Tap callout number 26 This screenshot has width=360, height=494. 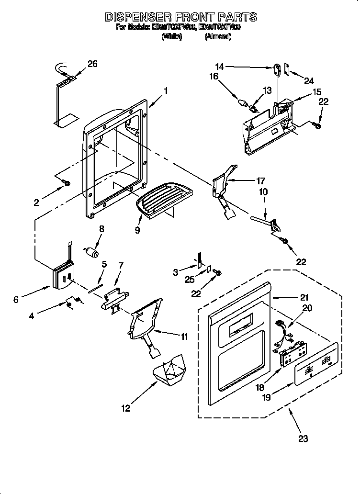tap(92, 64)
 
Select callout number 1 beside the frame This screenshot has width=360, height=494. tap(166, 90)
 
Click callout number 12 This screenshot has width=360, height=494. tap(125, 408)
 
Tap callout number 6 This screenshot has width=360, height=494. tap(16, 300)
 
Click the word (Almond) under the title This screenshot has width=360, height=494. tap(218, 36)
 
